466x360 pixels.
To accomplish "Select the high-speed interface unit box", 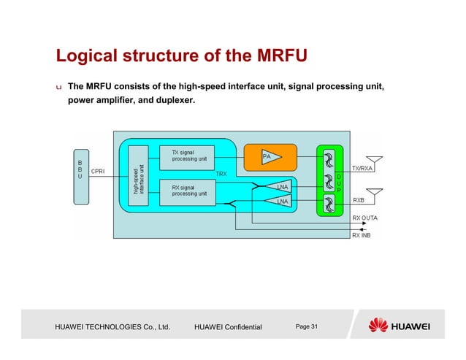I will [x=137, y=180].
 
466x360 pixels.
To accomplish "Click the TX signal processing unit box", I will [x=187, y=156].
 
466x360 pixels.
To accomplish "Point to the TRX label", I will [x=221, y=174].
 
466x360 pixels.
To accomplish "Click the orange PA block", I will [x=270, y=156].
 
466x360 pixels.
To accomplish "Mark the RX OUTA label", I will [x=365, y=218].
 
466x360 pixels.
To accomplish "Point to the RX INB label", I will [x=363, y=235].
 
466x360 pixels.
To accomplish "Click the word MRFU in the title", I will [x=275, y=56].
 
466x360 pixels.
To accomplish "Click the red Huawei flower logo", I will [x=379, y=325].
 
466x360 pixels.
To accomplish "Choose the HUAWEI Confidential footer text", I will [x=229, y=326].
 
